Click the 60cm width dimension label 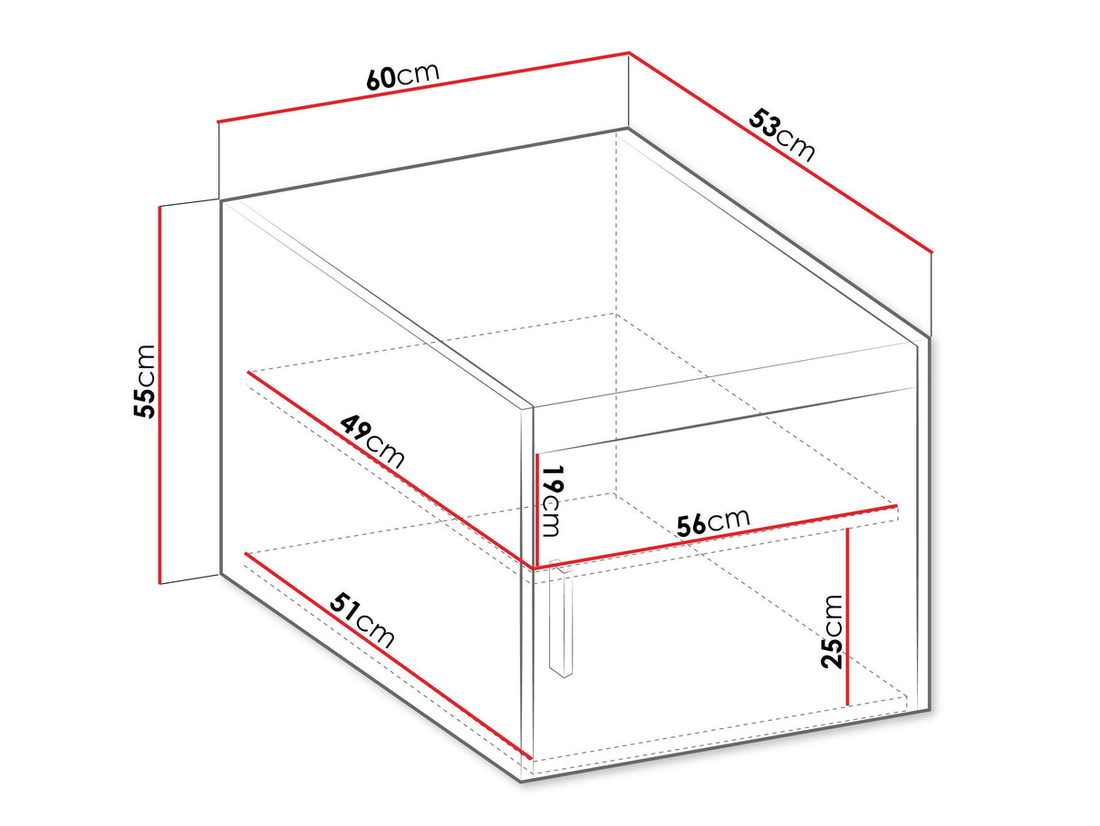point(403,76)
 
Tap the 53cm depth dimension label point(782,135)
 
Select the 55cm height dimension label point(144,381)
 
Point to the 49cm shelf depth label point(371,442)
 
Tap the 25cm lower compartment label point(832,631)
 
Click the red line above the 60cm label point(423,87)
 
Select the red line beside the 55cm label point(159,394)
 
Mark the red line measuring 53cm point(780,152)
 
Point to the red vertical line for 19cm point(536,510)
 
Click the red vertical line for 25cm point(847,617)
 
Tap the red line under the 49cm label point(390,470)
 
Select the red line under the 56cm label point(716,537)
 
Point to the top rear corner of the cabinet point(628,131)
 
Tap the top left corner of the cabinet point(220,200)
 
